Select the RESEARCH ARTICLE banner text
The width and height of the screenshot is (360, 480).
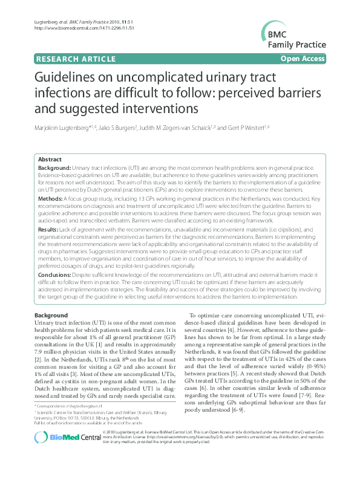(x=76, y=59)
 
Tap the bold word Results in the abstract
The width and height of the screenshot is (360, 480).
(x=48, y=230)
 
